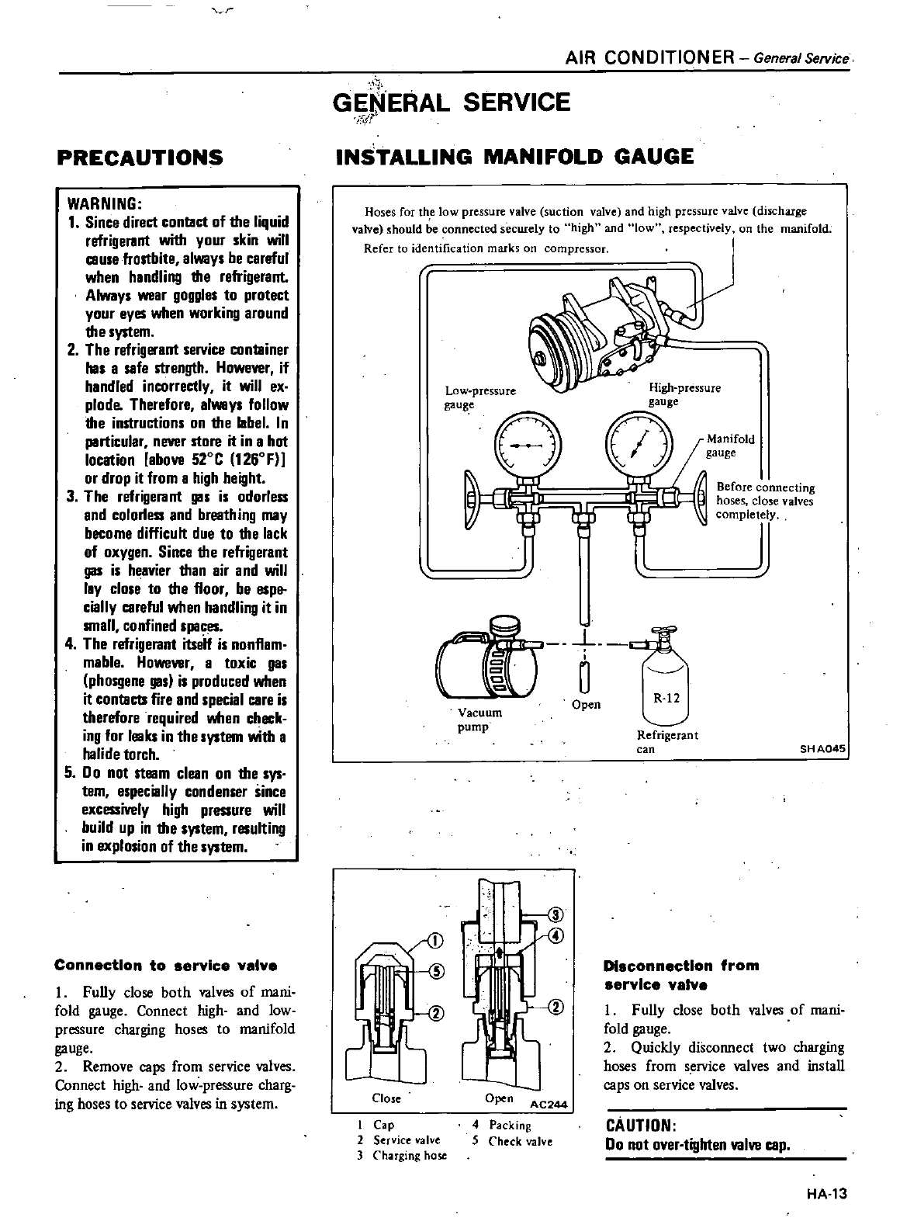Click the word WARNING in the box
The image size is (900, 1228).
105,204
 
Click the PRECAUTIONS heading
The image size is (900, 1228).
140,158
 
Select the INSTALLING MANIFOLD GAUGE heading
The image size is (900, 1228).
514,157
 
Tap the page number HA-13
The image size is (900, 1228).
826,1195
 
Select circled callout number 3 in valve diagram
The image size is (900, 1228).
556,913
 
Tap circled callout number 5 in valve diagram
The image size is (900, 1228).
436,970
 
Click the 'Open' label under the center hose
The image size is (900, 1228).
586,704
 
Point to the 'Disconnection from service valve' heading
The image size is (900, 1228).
681,975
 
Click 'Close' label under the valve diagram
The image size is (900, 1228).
386,1098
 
